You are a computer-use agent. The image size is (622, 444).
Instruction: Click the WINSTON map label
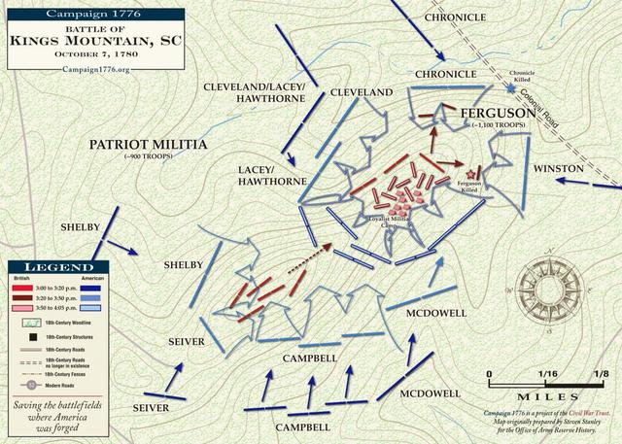[x=586, y=168]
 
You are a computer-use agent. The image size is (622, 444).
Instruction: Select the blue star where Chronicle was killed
[x=512, y=89]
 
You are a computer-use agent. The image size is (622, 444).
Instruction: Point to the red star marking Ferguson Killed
[x=472, y=173]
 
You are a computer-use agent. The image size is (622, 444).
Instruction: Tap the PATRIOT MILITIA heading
[x=148, y=144]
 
